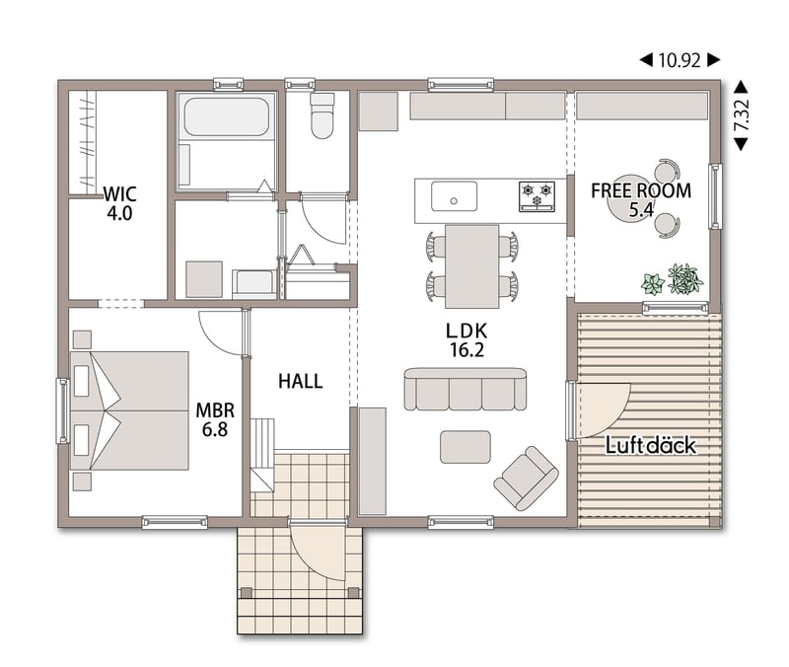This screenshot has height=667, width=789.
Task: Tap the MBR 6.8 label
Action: pyautogui.click(x=215, y=419)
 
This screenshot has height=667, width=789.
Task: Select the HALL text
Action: pyautogui.click(x=301, y=381)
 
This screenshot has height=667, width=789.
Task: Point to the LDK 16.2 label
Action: pyautogui.click(x=466, y=339)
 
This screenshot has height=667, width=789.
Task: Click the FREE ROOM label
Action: pyautogui.click(x=641, y=190)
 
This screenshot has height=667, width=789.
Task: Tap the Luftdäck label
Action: pyautogui.click(x=651, y=446)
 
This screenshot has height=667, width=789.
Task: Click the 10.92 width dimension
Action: pyautogui.click(x=680, y=60)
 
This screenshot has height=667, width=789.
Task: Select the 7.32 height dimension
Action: pyautogui.click(x=742, y=115)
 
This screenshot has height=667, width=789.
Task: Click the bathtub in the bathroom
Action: pyautogui.click(x=227, y=116)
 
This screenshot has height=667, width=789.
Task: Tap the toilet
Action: pyautogui.click(x=323, y=115)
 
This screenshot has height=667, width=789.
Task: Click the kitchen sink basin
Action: pyautogui.click(x=454, y=196)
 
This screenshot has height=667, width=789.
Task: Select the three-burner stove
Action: pyautogui.click(x=537, y=196)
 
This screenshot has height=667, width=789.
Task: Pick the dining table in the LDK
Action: pyautogui.click(x=472, y=266)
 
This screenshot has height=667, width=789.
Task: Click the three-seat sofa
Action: pyautogui.click(x=466, y=389)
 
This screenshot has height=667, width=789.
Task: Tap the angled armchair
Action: pyautogui.click(x=527, y=479)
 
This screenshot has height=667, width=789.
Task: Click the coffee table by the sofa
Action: pyautogui.click(x=465, y=447)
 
